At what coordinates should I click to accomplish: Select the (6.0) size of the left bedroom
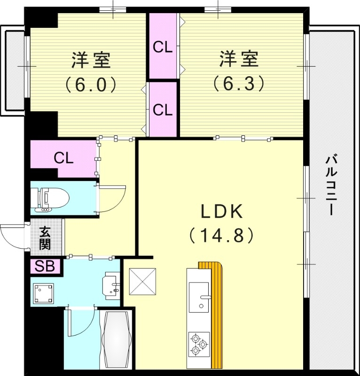[90, 84]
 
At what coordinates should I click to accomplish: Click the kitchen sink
[199, 297]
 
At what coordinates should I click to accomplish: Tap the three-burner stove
[199, 345]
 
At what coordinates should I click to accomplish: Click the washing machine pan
[43, 294]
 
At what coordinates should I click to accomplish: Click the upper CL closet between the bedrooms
[163, 47]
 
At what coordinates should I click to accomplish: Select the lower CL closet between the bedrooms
[163, 110]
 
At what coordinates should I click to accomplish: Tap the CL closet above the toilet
[63, 158]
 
